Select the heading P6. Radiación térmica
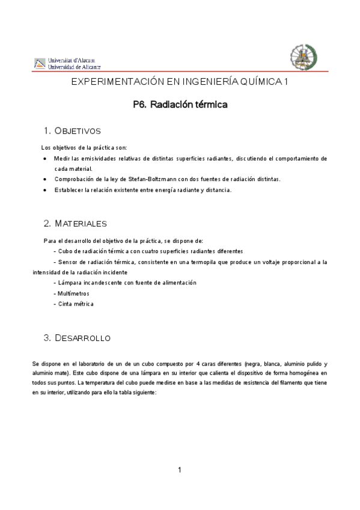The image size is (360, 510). pyautogui.click(x=180, y=104)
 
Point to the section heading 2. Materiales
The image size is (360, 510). pyautogui.click(x=75, y=223)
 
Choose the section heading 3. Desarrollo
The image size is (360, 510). pyautogui.click(x=77, y=338)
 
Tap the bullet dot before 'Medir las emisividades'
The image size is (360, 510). pyautogui.click(x=46, y=159)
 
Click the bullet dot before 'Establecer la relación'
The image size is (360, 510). pyautogui.click(x=46, y=190)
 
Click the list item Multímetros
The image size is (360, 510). pyautogui.click(x=72, y=293)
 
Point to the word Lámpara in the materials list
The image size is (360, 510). pyautogui.click(x=70, y=283)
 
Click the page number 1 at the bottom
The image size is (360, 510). pyautogui.click(x=180, y=470)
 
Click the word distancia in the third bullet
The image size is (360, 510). pyautogui.click(x=218, y=190)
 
